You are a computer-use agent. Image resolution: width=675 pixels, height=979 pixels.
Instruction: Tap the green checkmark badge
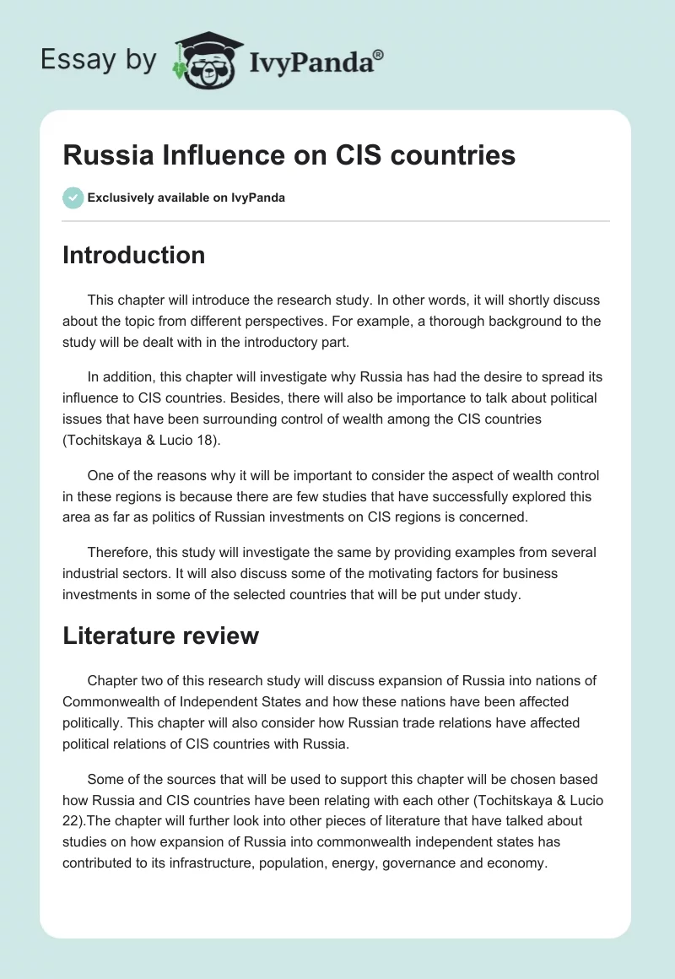[73, 197]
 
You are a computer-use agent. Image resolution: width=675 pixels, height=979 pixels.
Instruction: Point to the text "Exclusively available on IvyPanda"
[186, 197]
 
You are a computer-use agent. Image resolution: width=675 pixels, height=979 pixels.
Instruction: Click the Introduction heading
[133, 255]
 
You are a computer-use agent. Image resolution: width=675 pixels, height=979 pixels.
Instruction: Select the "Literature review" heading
[160, 636]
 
